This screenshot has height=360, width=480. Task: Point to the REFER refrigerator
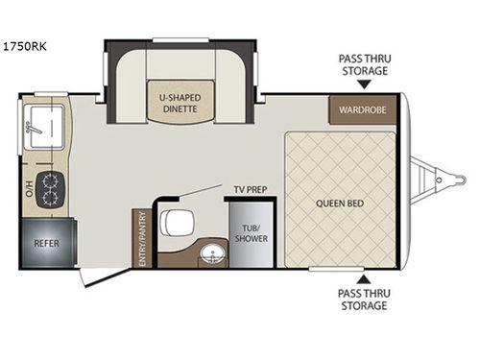pos(46,243)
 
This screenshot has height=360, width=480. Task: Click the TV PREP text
pos(248,189)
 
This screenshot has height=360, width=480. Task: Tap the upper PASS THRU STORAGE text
pos(363,63)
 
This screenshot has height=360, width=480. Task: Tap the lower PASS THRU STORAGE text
pos(363,300)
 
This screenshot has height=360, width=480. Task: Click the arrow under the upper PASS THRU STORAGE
pos(363,84)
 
